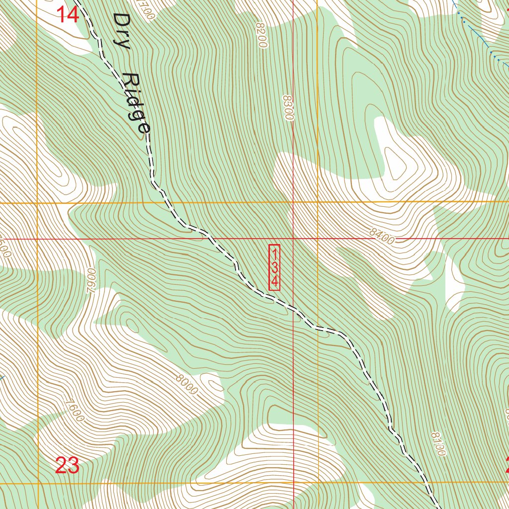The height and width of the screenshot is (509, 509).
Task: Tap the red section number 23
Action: point(67,466)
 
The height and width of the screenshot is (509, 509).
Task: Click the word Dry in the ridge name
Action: point(121,31)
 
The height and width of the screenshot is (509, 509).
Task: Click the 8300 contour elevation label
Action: point(288,108)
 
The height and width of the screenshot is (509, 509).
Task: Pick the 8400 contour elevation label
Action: point(382,239)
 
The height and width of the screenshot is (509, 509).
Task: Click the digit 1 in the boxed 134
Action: point(274,253)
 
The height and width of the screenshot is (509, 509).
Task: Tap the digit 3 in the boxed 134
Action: point(274,267)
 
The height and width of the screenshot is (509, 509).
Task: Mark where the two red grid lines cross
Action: point(293,239)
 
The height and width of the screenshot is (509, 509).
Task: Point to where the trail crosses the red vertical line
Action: point(293,308)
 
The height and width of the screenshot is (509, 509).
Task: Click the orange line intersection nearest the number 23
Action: point(38,482)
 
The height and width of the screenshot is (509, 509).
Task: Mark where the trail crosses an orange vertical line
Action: point(318,328)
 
